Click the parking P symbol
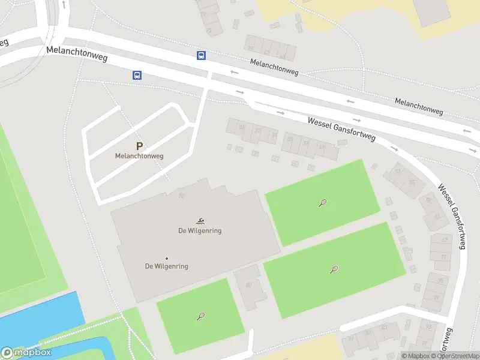point(140,146)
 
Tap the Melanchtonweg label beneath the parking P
point(140,156)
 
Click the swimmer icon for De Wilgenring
point(200,221)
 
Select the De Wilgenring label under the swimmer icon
point(200,231)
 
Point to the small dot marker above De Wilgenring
point(167,259)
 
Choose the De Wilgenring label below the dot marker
point(167,266)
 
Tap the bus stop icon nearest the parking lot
point(137,76)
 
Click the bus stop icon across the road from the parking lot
point(201,56)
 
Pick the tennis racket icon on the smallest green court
point(200,316)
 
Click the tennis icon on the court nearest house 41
point(322,203)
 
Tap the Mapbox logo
point(26,353)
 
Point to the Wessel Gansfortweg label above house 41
point(341,129)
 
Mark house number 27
point(257,131)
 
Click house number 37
point(305,143)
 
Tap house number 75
point(440,281)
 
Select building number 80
point(248,285)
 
